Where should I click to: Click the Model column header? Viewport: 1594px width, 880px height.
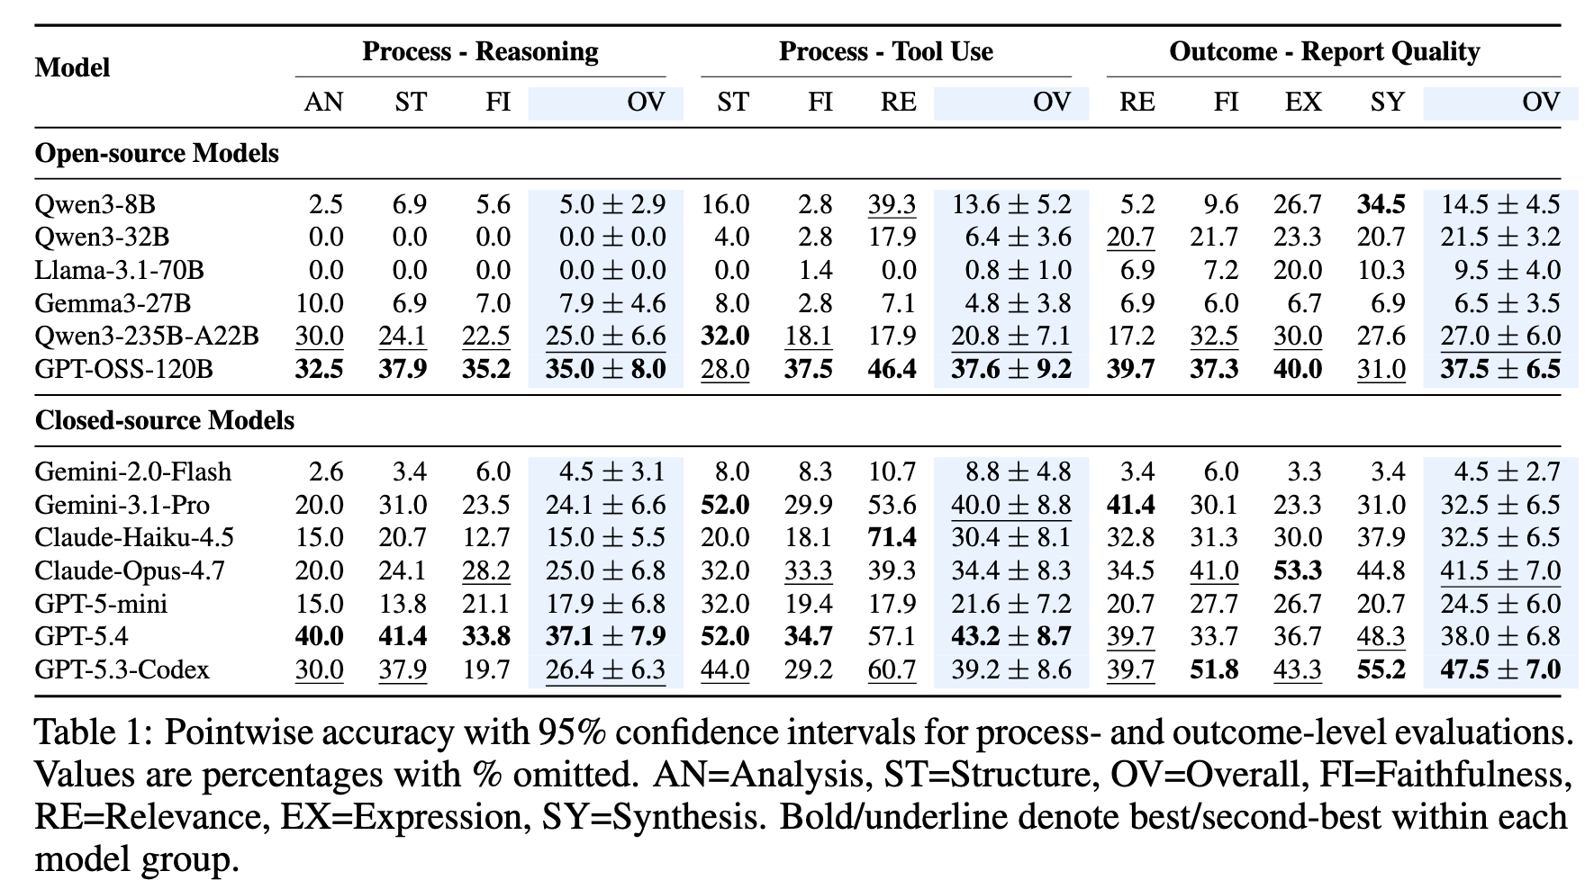pos(72,67)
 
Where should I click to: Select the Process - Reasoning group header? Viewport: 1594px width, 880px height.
pos(480,51)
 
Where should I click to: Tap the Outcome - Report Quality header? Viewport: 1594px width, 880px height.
pos(1324,51)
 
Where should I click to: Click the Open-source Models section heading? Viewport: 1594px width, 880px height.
pos(157,154)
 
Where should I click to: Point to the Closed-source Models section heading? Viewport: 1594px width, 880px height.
pos(165,420)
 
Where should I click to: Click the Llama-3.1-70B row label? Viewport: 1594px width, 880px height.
pos(119,270)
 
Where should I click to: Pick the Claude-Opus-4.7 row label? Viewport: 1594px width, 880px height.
pos(130,570)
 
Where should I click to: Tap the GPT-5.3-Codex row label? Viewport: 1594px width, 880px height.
pos(122,669)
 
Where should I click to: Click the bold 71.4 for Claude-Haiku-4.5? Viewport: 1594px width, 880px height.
pos(892,537)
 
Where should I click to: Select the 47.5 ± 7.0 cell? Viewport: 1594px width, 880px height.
pos(1500,669)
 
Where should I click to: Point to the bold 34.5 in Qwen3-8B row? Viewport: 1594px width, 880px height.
pos(1381,204)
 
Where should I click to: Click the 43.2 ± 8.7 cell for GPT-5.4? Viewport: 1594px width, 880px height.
pos(1011,636)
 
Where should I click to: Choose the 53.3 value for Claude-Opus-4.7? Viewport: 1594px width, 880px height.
pos(1298,570)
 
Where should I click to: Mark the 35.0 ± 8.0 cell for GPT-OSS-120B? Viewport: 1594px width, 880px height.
pos(606,369)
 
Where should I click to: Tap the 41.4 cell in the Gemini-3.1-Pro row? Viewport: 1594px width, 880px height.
pos(1130,504)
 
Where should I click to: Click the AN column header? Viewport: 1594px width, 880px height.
pos(323,102)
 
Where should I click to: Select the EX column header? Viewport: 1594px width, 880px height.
pos(1303,102)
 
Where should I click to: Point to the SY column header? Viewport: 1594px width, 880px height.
pos(1388,102)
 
